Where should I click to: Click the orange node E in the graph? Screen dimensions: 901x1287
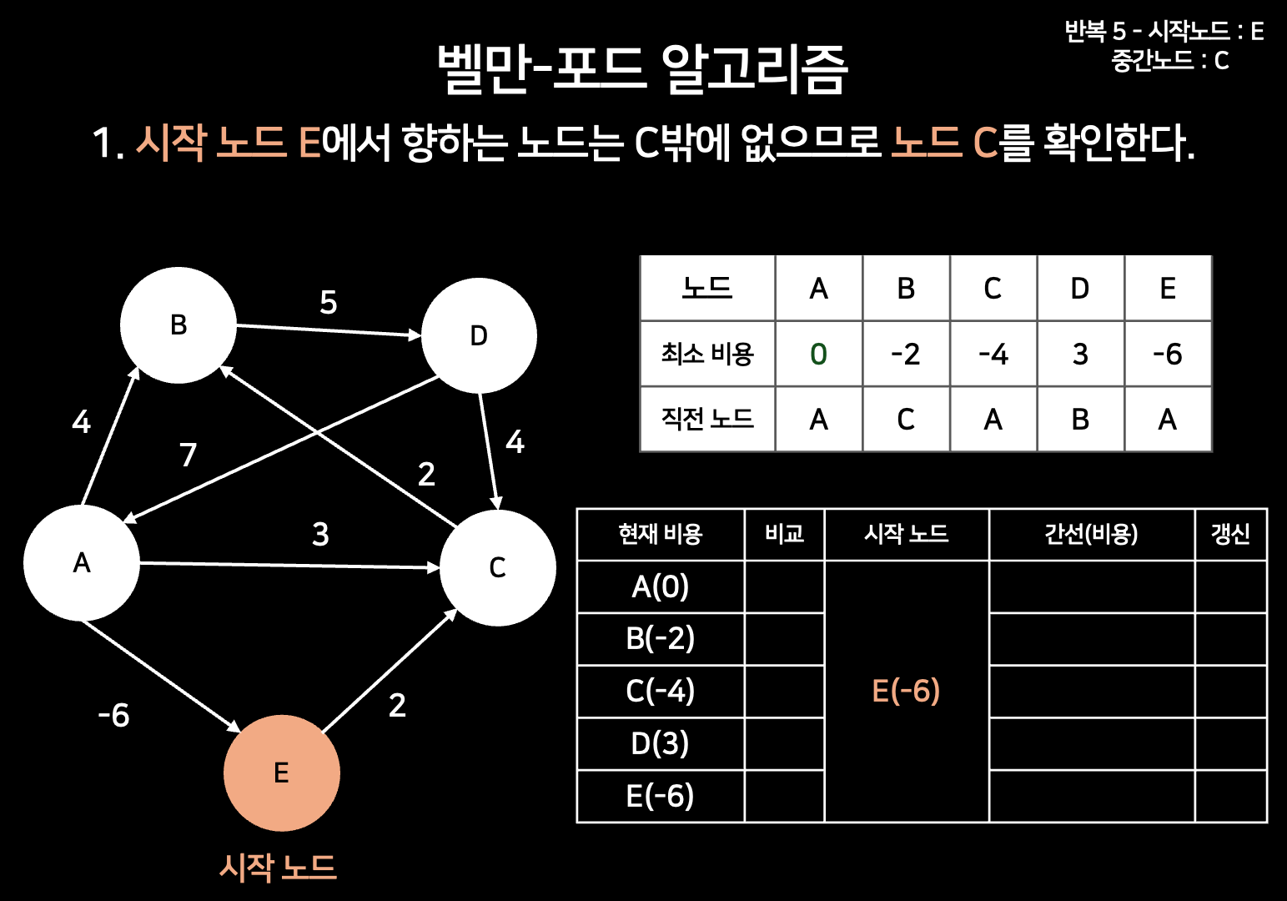282,773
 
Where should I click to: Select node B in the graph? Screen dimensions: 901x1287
178,325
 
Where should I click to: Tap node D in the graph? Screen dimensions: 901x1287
479,335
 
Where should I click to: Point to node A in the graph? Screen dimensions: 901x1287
82,562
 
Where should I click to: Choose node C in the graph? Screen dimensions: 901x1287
497,567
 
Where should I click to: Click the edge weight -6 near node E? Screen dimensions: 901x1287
114,715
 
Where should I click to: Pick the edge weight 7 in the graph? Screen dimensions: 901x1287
189,455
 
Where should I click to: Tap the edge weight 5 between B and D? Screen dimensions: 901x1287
329,302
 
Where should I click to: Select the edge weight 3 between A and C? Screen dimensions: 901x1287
320,534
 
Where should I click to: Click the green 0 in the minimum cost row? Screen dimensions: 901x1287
818,354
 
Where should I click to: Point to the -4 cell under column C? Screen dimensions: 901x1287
993,354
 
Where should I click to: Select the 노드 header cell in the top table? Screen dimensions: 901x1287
707,288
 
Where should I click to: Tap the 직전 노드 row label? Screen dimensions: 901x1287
707,419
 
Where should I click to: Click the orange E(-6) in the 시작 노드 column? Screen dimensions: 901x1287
906,691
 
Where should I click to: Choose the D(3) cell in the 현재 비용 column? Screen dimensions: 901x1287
660,743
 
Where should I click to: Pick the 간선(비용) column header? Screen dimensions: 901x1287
1091,534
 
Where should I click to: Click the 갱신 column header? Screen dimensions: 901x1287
1230,534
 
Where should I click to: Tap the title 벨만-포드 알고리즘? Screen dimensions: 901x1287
642,68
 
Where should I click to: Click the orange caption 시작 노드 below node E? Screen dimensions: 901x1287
278,868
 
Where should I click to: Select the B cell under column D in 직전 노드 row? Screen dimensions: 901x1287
1080,419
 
